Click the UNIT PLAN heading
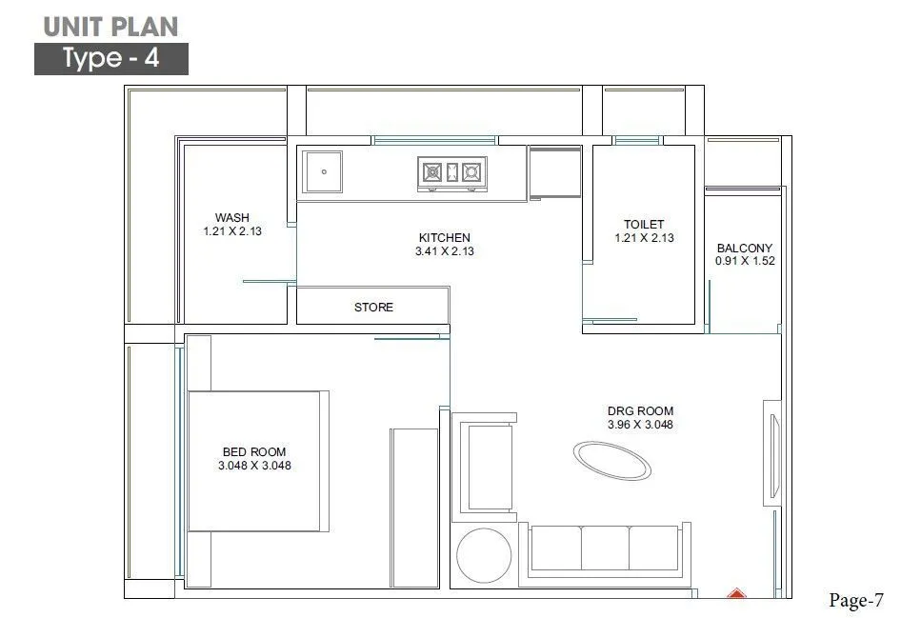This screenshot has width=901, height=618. pyautogui.click(x=111, y=25)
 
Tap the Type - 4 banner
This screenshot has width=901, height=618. pyautogui.click(x=111, y=59)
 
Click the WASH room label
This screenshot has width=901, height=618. pyautogui.click(x=232, y=217)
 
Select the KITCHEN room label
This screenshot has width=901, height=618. pyautogui.click(x=445, y=237)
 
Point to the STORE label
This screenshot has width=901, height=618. pyautogui.click(x=373, y=307)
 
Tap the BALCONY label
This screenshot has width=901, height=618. pyautogui.click(x=745, y=249)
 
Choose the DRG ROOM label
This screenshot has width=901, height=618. pyautogui.click(x=640, y=411)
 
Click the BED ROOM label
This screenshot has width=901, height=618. pyautogui.click(x=254, y=452)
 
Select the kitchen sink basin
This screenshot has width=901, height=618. pyautogui.click(x=324, y=172)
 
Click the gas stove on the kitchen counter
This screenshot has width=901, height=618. pyautogui.click(x=452, y=172)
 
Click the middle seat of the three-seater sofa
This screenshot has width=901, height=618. pyautogui.click(x=604, y=549)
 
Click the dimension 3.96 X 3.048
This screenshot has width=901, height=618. pyautogui.click(x=640, y=425)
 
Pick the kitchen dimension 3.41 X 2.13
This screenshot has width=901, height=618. pyautogui.click(x=445, y=251)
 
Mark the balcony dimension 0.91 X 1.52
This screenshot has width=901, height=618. pyautogui.click(x=745, y=261)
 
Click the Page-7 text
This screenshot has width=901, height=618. pyautogui.click(x=856, y=600)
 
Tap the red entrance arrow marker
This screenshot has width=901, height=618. pyautogui.click(x=735, y=594)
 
